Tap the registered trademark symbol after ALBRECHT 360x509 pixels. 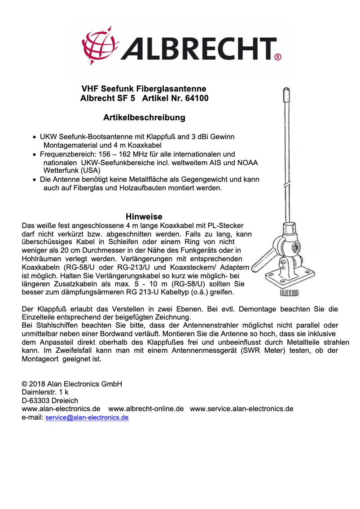pos(277,57)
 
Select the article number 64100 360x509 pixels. pos(197,98)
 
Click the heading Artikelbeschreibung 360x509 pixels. pos(144,118)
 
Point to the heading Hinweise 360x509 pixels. pos(144,217)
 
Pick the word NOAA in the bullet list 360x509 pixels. pos(249,162)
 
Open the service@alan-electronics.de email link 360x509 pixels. pos(87,417)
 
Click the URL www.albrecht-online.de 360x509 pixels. pos(146,409)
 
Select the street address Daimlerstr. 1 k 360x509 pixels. pos(45,392)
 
